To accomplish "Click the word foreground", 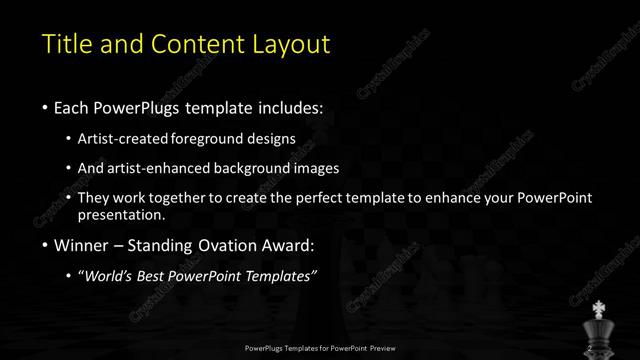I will coord(222,138).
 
